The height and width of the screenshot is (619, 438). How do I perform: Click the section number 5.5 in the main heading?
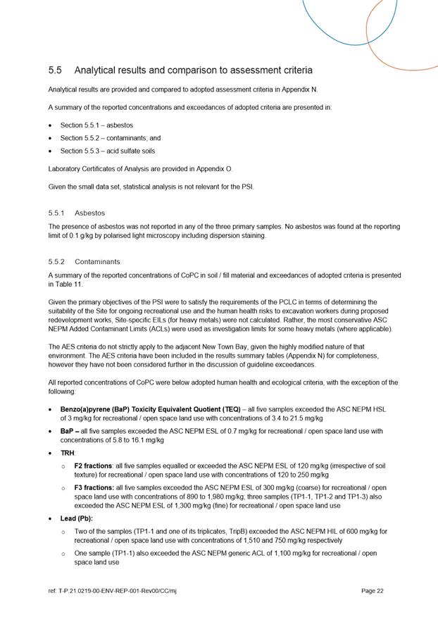[x=55, y=70]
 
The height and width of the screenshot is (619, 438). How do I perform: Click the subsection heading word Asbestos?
[x=89, y=212]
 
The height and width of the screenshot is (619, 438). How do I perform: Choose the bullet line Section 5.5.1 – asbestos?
[x=96, y=125]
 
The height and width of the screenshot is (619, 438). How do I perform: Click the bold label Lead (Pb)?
[x=77, y=519]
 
